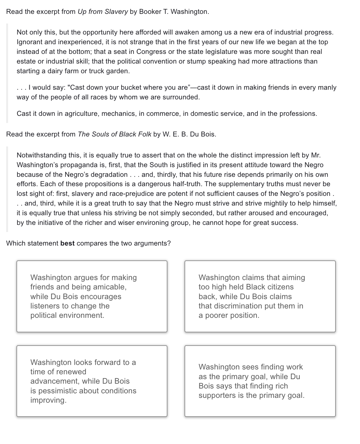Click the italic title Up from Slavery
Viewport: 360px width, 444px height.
pyautogui.click(x=103, y=12)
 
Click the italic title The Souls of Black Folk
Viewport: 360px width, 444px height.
pyautogui.click(x=114, y=134)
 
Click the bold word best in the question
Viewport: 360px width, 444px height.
pyautogui.click(x=67, y=243)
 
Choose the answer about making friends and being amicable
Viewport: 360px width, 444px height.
pyautogui.click(x=92, y=296)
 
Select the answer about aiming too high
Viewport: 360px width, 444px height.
pyautogui.click(x=260, y=296)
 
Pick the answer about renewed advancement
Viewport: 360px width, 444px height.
pyautogui.click(x=92, y=381)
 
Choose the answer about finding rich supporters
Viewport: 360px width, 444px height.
pyautogui.click(x=260, y=381)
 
